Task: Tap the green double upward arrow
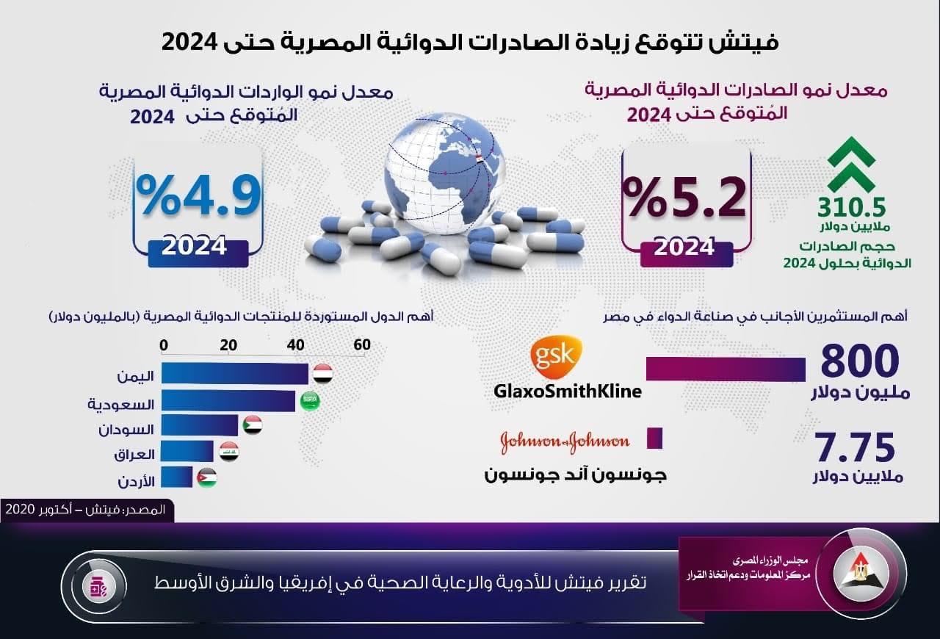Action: point(851,165)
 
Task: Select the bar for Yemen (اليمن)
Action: point(235,374)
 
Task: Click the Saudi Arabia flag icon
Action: point(310,400)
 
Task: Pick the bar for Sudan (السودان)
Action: point(200,425)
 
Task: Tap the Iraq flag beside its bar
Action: point(229,452)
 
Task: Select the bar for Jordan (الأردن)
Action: point(177,477)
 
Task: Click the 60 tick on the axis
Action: point(361,346)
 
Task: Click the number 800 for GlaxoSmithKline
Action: point(859,362)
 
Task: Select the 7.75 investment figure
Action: point(855,447)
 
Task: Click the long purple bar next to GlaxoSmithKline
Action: point(725,369)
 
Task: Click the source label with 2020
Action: point(87,510)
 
